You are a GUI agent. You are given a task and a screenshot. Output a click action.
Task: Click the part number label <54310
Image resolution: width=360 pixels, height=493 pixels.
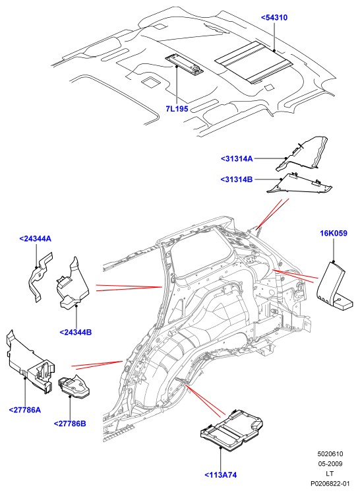[274, 18]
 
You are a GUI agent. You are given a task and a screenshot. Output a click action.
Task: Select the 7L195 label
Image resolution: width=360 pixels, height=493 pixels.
[177, 109]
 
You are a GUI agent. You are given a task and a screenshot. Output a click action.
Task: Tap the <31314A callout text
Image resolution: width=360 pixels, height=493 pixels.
[237, 158]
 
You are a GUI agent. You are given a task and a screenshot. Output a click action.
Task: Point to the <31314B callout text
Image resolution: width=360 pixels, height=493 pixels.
[237, 180]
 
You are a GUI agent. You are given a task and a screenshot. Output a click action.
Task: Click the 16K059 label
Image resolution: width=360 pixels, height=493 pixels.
[334, 233]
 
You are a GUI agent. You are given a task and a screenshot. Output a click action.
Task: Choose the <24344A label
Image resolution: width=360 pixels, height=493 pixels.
[35, 239]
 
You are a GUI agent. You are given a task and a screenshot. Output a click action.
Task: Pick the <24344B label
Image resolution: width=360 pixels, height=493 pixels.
[75, 332]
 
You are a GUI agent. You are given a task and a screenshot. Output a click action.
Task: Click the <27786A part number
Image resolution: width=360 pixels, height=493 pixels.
[25, 410]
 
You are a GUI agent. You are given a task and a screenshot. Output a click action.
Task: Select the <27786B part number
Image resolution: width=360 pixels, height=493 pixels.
[70, 424]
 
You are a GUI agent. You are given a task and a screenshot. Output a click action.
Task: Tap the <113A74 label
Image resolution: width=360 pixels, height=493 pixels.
[220, 475]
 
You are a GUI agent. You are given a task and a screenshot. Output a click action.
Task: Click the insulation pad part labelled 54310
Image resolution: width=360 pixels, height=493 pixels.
[254, 62]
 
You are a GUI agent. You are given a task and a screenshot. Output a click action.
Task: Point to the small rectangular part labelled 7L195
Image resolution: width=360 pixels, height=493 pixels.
[185, 65]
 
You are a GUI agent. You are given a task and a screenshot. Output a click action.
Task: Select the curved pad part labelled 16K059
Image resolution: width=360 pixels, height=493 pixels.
[333, 284]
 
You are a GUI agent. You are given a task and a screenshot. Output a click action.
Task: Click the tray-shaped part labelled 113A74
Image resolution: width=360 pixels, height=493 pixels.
[231, 428]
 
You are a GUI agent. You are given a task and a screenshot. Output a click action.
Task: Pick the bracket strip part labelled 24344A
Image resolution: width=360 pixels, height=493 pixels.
[40, 276]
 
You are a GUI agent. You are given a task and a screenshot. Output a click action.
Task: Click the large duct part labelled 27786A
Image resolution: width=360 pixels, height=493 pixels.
[30, 362]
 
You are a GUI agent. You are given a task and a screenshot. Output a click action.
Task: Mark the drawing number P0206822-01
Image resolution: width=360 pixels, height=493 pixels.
[330, 483]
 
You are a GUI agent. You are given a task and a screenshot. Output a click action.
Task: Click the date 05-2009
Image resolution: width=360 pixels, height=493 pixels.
[330, 464]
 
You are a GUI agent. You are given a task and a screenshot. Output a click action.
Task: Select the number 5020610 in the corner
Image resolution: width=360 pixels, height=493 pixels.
[330, 454]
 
